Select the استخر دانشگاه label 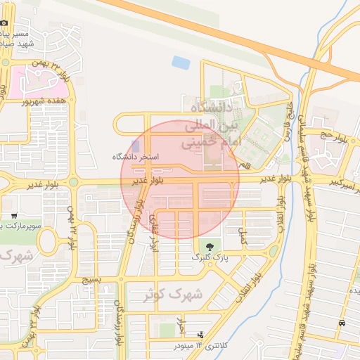click(x=136, y=156)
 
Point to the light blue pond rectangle click(x=181, y=62)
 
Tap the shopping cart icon click(x=14, y=215)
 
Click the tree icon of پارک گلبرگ click(x=208, y=245)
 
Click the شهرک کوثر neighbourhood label click(x=172, y=295)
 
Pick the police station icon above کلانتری click(x=202, y=334)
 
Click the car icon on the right click(x=342, y=322)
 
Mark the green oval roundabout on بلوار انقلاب click(x=274, y=252)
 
